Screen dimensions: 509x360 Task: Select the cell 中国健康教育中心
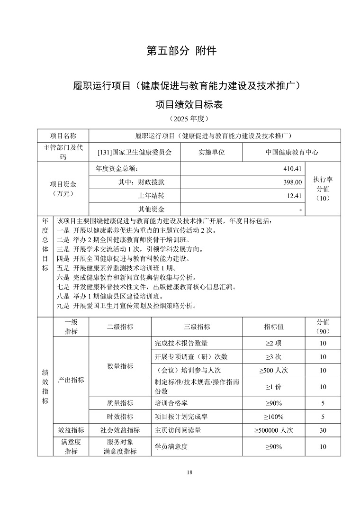[x=291, y=152]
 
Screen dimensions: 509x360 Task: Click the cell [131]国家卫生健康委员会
[x=134, y=152]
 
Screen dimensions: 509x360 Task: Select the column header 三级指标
[x=197, y=327]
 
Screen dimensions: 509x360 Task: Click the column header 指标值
[x=274, y=327]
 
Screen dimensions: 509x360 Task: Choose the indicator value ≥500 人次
[x=274, y=370]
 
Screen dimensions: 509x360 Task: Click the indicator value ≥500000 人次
[x=274, y=430]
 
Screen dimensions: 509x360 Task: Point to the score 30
[x=323, y=430]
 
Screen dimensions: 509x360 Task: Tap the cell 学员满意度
[x=171, y=446]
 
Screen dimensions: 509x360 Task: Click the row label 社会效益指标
[x=120, y=430]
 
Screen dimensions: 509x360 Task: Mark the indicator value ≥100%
[x=274, y=417]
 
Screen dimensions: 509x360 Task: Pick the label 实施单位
[x=211, y=152]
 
